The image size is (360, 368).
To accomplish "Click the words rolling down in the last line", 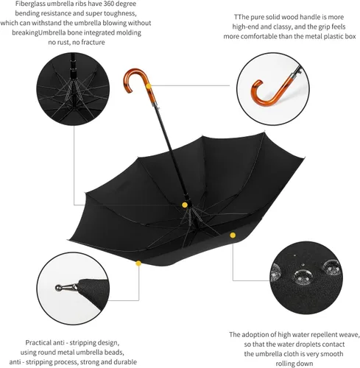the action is tap(294, 364).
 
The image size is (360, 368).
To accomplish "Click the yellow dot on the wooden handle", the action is tap(148, 86).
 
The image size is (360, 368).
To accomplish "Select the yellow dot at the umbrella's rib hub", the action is tap(185, 205).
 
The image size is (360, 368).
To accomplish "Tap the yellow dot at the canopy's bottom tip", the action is tap(138, 263).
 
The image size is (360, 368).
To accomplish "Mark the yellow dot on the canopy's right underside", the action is tap(233, 236).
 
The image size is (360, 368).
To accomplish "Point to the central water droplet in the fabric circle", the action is tap(303, 277).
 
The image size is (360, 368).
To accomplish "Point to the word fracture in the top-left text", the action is tap(93, 42).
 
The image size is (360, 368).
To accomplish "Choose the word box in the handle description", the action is tap(350, 37).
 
